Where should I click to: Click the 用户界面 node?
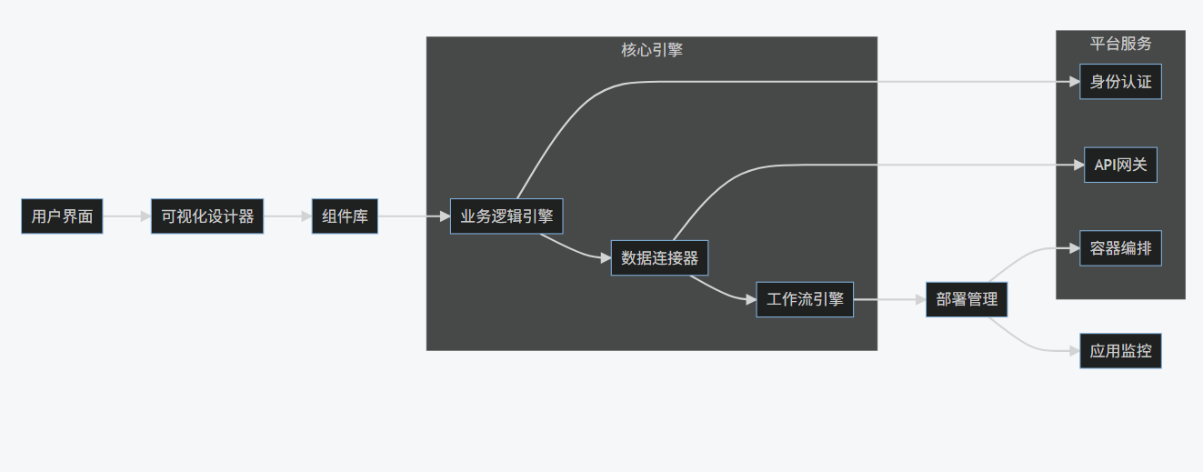click(62, 216)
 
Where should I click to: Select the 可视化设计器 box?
click(207, 216)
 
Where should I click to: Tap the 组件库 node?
click(345, 216)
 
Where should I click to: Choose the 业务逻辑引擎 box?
click(506, 216)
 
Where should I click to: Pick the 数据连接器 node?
click(659, 258)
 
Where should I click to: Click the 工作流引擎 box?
click(805, 299)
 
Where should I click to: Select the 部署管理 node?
click(967, 299)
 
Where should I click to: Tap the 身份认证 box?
click(1120, 82)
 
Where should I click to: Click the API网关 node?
click(1120, 165)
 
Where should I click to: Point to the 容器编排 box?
click(1120, 247)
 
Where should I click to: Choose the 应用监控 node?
click(1120, 351)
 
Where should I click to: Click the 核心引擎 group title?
click(652, 50)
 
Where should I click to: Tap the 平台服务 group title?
click(1120, 44)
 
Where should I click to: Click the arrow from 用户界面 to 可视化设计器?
click(126, 216)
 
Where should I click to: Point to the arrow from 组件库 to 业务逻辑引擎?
click(414, 216)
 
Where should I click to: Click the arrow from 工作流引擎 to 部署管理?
click(889, 299)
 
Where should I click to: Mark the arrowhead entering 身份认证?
click(1074, 82)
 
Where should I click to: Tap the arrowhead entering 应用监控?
click(1074, 351)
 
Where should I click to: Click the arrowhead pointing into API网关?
click(1078, 165)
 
